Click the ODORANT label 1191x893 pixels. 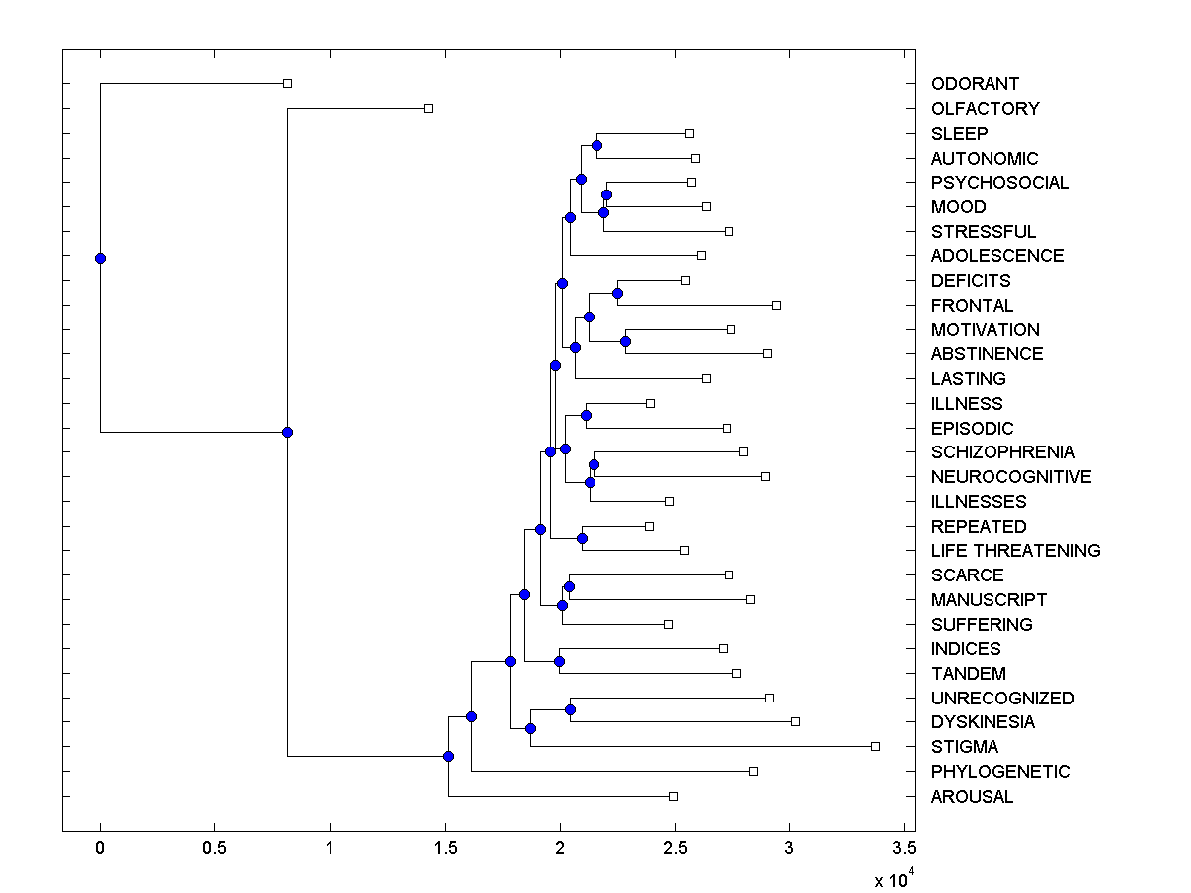coord(975,84)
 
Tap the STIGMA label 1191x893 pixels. coord(965,747)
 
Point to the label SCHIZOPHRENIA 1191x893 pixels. coord(1002,452)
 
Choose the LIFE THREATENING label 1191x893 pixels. coord(1015,551)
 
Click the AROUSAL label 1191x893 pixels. coord(972,797)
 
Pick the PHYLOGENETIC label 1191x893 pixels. coord(1000,772)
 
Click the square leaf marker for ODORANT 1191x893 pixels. coord(287,84)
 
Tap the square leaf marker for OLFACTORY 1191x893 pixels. coord(428,108)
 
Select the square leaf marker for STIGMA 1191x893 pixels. coord(875,746)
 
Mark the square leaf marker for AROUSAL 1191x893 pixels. coord(673,796)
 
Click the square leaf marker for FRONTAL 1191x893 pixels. coord(776,305)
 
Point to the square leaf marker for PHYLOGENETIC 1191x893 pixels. coord(753,771)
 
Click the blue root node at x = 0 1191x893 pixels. coord(100,258)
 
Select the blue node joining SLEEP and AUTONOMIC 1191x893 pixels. coord(596,146)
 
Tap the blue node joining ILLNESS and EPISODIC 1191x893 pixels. coord(586,415)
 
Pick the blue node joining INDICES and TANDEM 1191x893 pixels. coord(559,661)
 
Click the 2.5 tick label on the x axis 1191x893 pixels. coord(674,849)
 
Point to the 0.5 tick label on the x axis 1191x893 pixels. coord(214,849)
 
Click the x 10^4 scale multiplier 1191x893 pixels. coord(890,879)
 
